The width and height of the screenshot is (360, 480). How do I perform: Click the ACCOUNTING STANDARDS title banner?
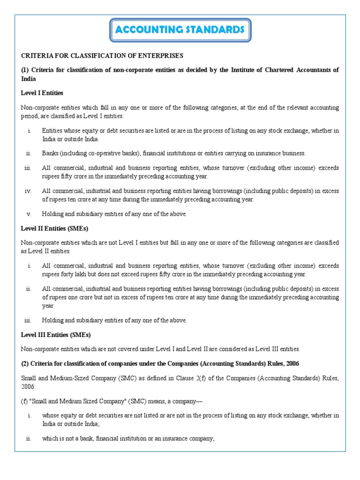(180, 30)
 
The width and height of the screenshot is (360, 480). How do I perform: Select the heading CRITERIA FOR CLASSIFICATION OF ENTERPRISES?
(102, 56)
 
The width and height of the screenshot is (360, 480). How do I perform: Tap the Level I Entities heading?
(42, 93)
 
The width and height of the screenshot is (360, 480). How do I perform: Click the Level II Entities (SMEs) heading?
(55, 228)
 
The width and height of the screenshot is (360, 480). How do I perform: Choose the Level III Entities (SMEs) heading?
(56, 335)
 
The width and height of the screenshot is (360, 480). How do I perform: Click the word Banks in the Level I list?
(50, 153)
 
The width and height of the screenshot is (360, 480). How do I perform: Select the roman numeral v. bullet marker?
(28, 214)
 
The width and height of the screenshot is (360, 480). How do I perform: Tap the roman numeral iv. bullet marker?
(28, 191)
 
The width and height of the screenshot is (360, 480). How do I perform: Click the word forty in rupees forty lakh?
(69, 274)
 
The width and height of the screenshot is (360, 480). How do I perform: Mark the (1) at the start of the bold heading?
(25, 70)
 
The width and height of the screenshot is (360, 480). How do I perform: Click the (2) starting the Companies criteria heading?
(25, 364)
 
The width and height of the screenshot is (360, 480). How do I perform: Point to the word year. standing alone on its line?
(48, 306)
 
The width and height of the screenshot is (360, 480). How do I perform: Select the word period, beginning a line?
(30, 116)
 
